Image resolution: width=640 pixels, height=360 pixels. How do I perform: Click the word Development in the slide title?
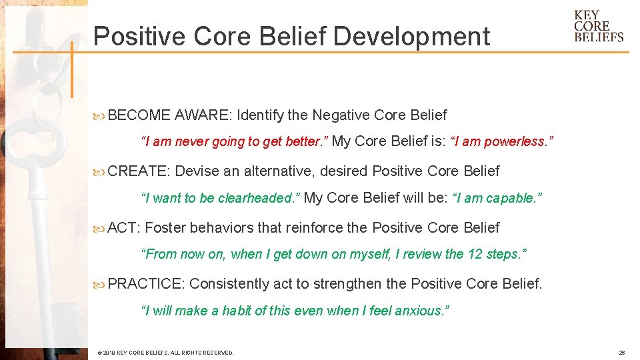point(411,37)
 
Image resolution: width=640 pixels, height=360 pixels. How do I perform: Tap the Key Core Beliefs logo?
point(598,27)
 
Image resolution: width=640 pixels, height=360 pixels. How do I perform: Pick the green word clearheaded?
point(258,198)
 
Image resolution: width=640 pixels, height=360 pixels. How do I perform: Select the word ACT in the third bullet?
point(123,228)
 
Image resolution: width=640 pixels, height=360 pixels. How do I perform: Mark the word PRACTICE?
point(145,284)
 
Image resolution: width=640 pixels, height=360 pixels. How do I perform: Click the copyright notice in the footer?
point(165,353)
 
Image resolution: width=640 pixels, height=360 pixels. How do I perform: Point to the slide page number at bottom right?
point(621,353)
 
